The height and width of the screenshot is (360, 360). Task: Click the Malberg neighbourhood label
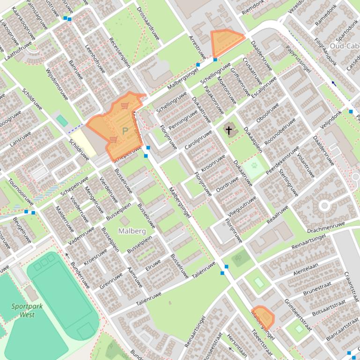click(132, 231)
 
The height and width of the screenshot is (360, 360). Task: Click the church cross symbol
click(229, 130)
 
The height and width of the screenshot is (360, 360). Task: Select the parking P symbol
click(125, 131)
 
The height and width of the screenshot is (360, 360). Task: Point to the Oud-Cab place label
click(344, 46)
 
